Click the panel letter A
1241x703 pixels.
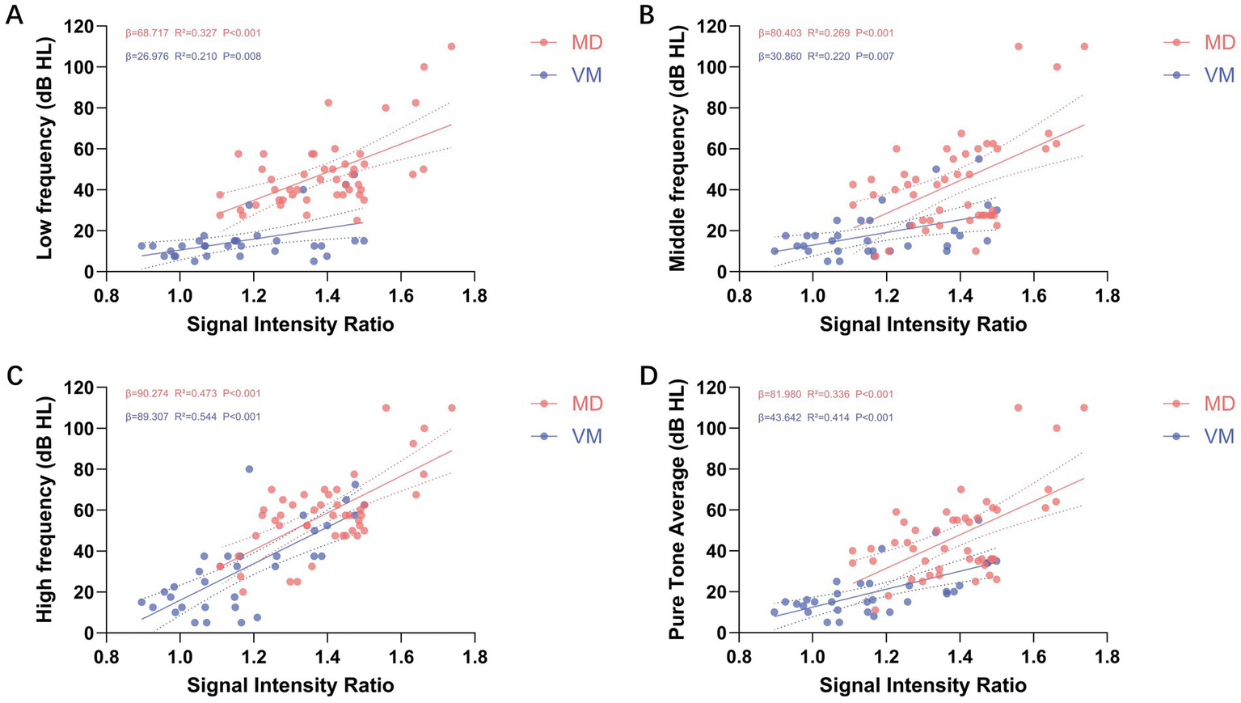pos(14,15)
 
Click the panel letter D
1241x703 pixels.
pos(648,376)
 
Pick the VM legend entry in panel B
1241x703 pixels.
pos(1219,75)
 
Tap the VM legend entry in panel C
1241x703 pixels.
pos(586,436)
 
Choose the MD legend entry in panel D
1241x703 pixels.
pos(1219,404)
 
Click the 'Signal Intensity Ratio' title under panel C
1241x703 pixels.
pos(290,685)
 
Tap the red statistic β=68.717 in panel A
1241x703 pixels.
pos(147,33)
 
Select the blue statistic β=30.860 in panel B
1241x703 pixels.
pos(780,57)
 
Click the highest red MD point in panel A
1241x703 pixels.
pos(451,46)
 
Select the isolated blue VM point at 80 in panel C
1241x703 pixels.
pos(249,469)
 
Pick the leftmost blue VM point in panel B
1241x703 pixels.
pos(775,251)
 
